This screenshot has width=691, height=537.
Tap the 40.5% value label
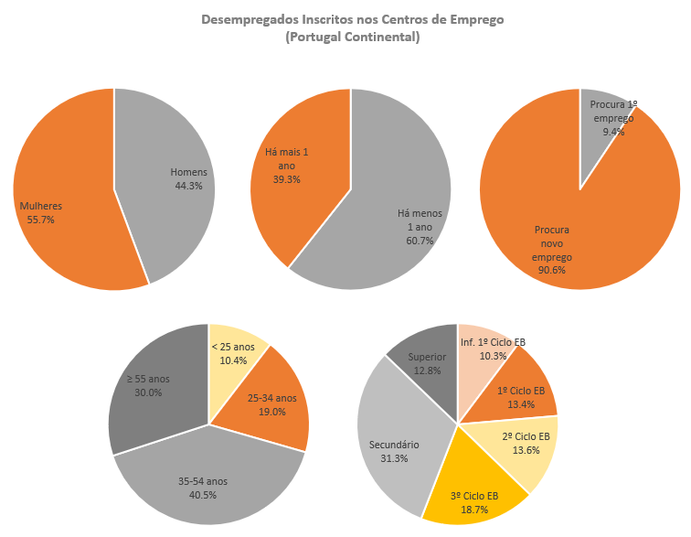tap(209, 495)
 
